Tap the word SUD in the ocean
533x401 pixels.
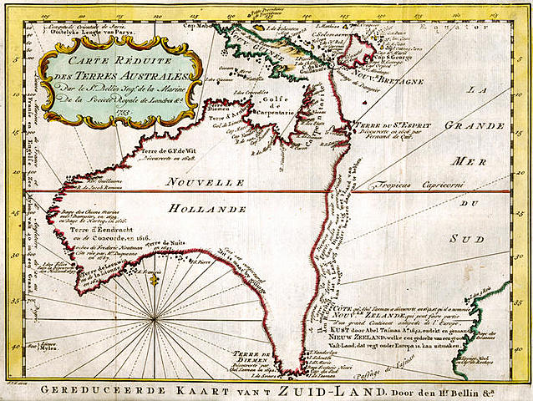click(479, 240)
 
